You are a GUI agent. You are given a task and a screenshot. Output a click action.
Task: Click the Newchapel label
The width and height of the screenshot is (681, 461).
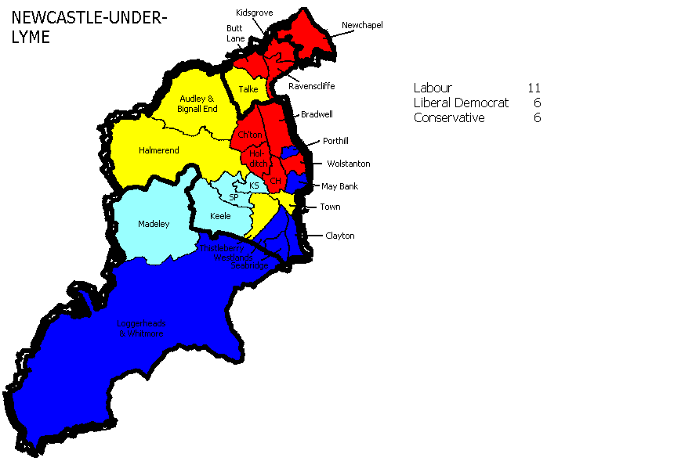[362, 25]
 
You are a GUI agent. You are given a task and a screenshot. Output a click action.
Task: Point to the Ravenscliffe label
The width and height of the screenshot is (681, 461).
[312, 86]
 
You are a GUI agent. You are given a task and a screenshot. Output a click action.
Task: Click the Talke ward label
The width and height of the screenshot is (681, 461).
[248, 89]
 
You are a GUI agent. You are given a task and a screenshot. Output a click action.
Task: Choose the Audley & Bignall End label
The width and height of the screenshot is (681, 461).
[197, 104]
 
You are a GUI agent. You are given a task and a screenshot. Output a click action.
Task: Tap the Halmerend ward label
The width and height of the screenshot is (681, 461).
[159, 150]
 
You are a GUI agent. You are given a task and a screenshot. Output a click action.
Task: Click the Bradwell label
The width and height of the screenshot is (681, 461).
[317, 114]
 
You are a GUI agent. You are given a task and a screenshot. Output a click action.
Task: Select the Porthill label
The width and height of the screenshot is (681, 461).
[339, 142]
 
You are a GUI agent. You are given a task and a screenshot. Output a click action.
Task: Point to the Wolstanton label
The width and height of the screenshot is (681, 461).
[348, 164]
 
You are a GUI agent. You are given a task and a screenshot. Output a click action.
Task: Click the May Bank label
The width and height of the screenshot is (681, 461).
[339, 186]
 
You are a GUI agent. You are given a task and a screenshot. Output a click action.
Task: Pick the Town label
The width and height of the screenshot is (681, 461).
[330, 207]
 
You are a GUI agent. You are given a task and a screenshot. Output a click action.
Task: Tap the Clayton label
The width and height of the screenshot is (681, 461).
[340, 236]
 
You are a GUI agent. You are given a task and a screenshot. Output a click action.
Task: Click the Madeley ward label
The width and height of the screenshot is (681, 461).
[154, 224]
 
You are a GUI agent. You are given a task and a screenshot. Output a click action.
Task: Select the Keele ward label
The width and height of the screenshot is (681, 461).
[220, 216]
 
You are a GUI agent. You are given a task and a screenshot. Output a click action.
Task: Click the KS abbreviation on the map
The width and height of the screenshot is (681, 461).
[254, 185]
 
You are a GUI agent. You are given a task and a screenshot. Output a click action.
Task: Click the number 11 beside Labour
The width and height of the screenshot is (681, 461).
[534, 88]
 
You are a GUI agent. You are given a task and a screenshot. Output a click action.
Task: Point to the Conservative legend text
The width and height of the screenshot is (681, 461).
[449, 117]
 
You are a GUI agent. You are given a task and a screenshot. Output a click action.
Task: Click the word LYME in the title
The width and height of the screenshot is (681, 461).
[31, 38]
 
